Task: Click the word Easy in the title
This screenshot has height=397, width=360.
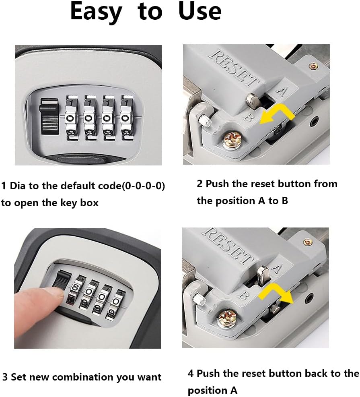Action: tap(96, 12)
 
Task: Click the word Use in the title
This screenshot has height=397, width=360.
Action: tap(200, 11)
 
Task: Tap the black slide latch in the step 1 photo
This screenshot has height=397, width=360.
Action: tap(49, 116)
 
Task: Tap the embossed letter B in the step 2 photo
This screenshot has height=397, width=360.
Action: tap(248, 117)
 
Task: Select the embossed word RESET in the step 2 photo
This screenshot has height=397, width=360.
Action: tap(234, 68)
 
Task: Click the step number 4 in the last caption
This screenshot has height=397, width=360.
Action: tap(191, 374)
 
